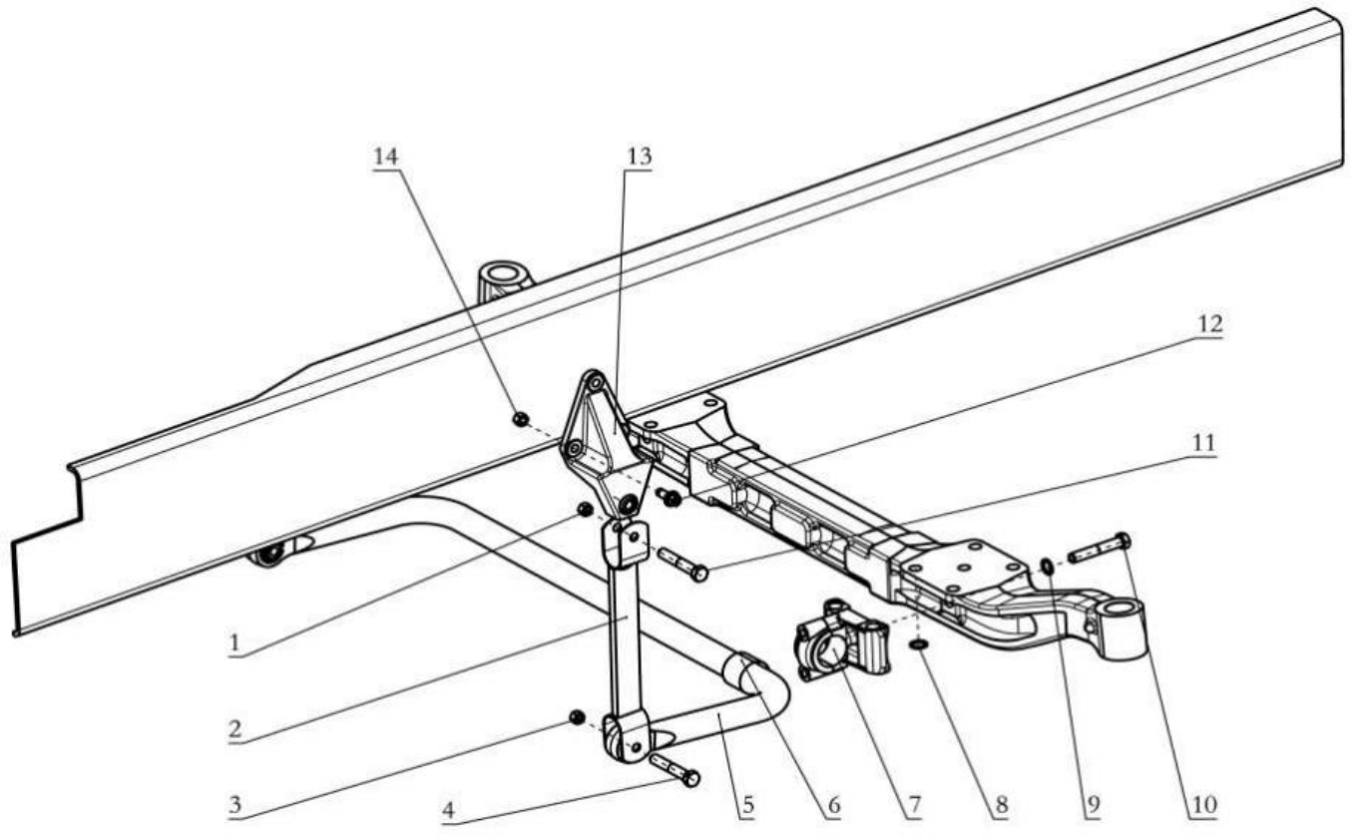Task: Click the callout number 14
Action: tap(385, 156)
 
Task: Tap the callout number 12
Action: tap(1210, 325)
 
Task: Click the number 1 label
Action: tap(235, 643)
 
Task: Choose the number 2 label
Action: tap(235, 728)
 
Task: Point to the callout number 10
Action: tap(1206, 804)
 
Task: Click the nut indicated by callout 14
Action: tap(520, 419)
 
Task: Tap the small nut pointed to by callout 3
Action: tap(576, 717)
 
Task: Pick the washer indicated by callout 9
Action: tap(1045, 567)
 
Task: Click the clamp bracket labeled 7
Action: tap(839, 643)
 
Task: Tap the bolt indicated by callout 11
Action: tap(682, 564)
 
